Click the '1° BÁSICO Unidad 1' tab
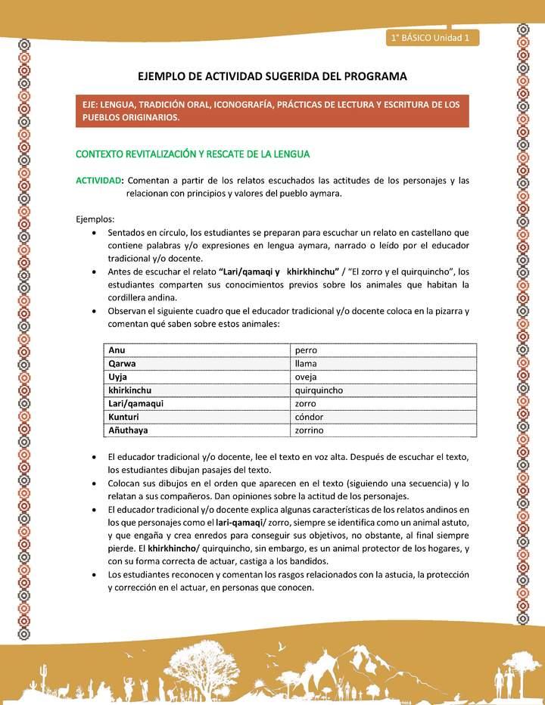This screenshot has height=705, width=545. (x=431, y=38)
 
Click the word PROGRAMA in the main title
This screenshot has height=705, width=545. (x=375, y=76)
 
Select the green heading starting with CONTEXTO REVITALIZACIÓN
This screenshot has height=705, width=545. (x=192, y=154)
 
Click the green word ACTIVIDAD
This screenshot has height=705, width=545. (x=98, y=180)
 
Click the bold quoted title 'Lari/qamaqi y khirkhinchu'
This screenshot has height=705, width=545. (x=278, y=272)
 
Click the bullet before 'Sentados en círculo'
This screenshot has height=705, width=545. (x=93, y=233)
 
